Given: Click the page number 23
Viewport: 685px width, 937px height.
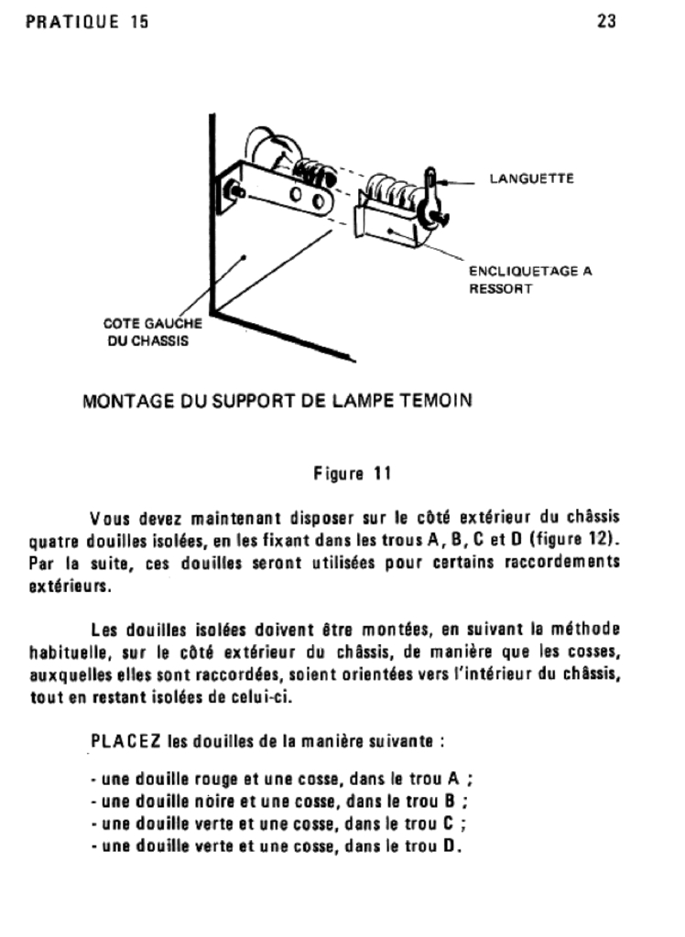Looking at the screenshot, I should pos(606,21).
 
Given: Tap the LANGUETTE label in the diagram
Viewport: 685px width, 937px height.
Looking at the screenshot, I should pos(531,178).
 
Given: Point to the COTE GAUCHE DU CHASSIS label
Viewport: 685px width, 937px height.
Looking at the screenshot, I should pos(151,332).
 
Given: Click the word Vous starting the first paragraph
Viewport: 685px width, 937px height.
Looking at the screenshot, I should pos(111,518).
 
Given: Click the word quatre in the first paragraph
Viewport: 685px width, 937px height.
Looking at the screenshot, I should pos(50,540).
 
